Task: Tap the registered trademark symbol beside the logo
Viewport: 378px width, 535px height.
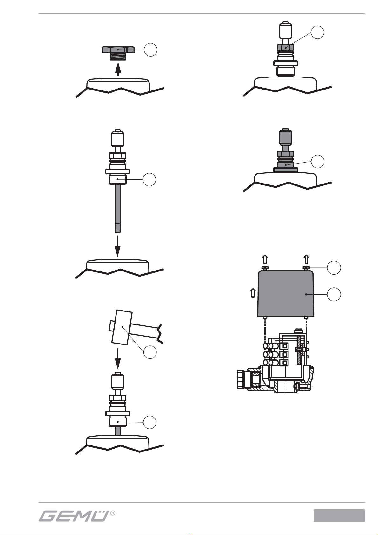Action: point(113,513)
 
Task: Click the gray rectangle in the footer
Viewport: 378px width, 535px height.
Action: point(339,515)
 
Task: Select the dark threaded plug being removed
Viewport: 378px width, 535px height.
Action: point(118,53)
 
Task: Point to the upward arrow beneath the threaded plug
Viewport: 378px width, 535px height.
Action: point(118,69)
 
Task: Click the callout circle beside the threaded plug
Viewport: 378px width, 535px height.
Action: point(150,50)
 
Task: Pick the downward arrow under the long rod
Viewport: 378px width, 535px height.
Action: point(117,246)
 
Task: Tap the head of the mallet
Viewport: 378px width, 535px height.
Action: point(122,327)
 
